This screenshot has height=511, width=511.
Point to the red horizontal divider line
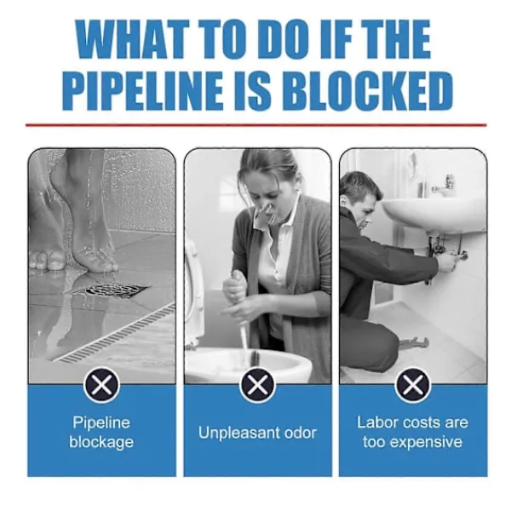pyautogui.click(x=255, y=125)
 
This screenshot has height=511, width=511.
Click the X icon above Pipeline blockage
pyautogui.click(x=101, y=385)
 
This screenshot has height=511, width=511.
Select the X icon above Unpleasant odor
pyautogui.click(x=257, y=385)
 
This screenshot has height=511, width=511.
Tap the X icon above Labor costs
pyautogui.click(x=412, y=385)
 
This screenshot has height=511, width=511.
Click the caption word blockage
pyautogui.click(x=101, y=443)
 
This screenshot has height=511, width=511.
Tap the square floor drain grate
pyautogui.click(x=111, y=290)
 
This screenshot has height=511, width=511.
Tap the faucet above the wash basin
pyautogui.click(x=443, y=185)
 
